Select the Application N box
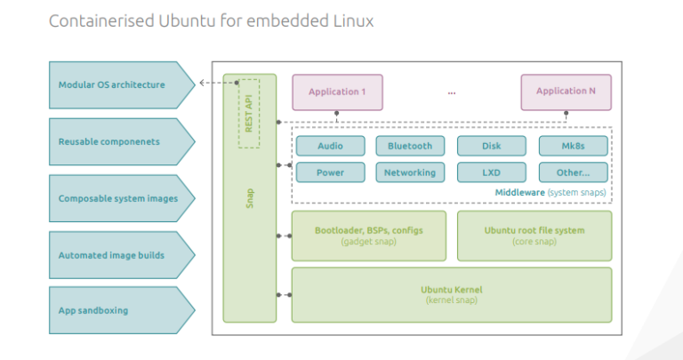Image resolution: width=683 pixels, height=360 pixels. coord(566,92)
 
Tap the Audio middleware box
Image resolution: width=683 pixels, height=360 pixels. coord(329,146)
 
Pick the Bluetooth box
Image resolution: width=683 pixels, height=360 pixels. coord(409,146)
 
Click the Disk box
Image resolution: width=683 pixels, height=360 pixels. coord(491,146)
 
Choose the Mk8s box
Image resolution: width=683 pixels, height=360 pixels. coord(574,146)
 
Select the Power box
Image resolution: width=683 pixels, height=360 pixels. coord(329,172)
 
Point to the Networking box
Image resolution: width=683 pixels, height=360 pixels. coord(409,172)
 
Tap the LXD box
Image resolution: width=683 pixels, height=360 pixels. coord(491,172)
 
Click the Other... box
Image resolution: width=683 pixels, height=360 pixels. coord(574,172)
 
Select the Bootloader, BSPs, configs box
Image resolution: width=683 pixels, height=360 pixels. coord(368,236)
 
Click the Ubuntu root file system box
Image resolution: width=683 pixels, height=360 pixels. coord(534,236)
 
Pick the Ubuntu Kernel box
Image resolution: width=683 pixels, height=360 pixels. coord(451,294)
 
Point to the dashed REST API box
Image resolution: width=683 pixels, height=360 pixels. coord(248,114)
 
